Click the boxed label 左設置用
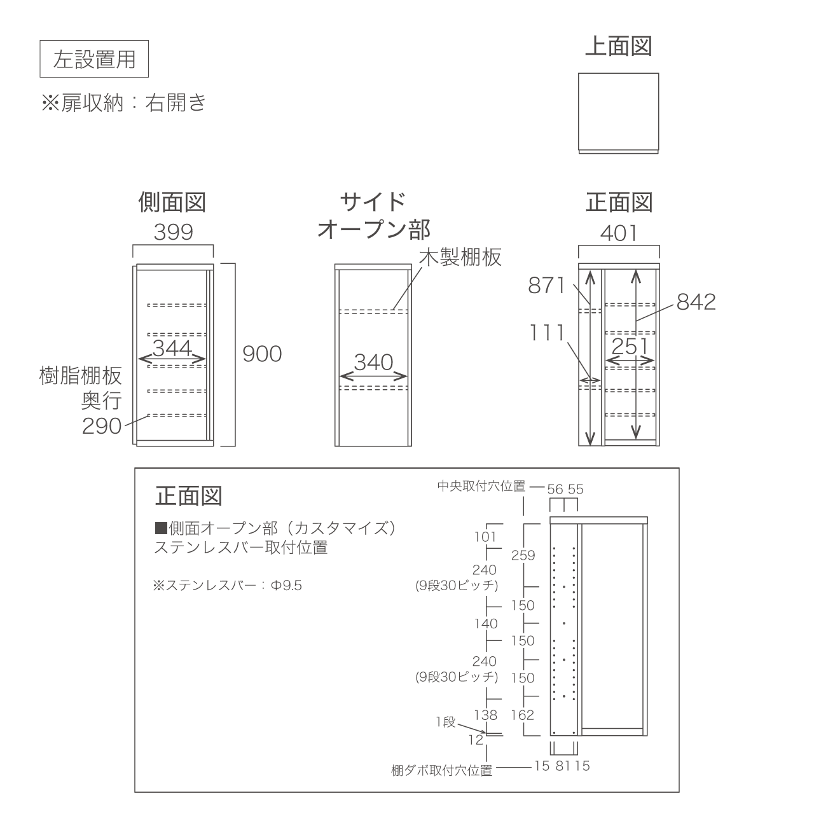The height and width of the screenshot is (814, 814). [94, 59]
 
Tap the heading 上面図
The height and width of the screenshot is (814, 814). [618, 46]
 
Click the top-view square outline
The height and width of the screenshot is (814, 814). [618, 113]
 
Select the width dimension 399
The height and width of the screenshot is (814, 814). [173, 232]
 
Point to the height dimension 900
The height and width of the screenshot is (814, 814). [262, 354]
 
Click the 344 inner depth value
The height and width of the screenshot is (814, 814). [172, 348]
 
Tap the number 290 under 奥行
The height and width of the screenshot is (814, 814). [102, 426]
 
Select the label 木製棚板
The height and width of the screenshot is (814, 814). [460, 257]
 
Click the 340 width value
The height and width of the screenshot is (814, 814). [373, 362]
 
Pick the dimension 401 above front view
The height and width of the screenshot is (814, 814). [619, 233]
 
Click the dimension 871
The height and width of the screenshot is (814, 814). [547, 286]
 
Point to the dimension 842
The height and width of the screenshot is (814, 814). [696, 302]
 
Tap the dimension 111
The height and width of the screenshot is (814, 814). [547, 333]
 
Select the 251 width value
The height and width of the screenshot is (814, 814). [630, 347]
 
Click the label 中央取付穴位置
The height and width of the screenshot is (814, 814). [481, 486]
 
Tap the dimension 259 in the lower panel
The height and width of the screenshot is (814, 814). [523, 555]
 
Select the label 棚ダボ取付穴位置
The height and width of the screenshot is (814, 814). [442, 771]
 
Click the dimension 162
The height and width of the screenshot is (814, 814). [523, 715]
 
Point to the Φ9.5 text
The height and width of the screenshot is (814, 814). [286, 586]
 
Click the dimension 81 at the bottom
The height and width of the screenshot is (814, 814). [563, 766]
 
